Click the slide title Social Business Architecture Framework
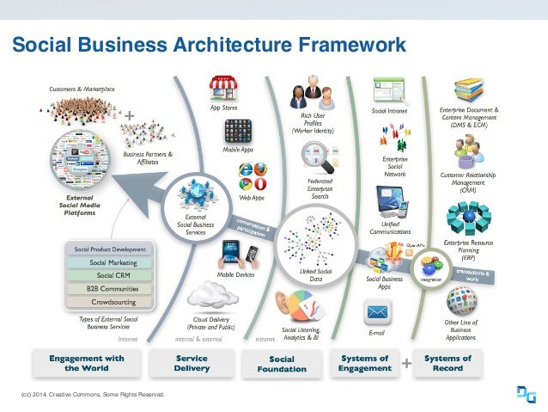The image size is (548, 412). pyautogui.click(x=207, y=44)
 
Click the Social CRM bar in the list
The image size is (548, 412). pyautogui.click(x=110, y=275)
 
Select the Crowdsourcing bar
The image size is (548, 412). pyautogui.click(x=110, y=302)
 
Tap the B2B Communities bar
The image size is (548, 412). pyautogui.click(x=110, y=289)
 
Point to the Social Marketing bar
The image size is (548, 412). pyautogui.click(x=110, y=262)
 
